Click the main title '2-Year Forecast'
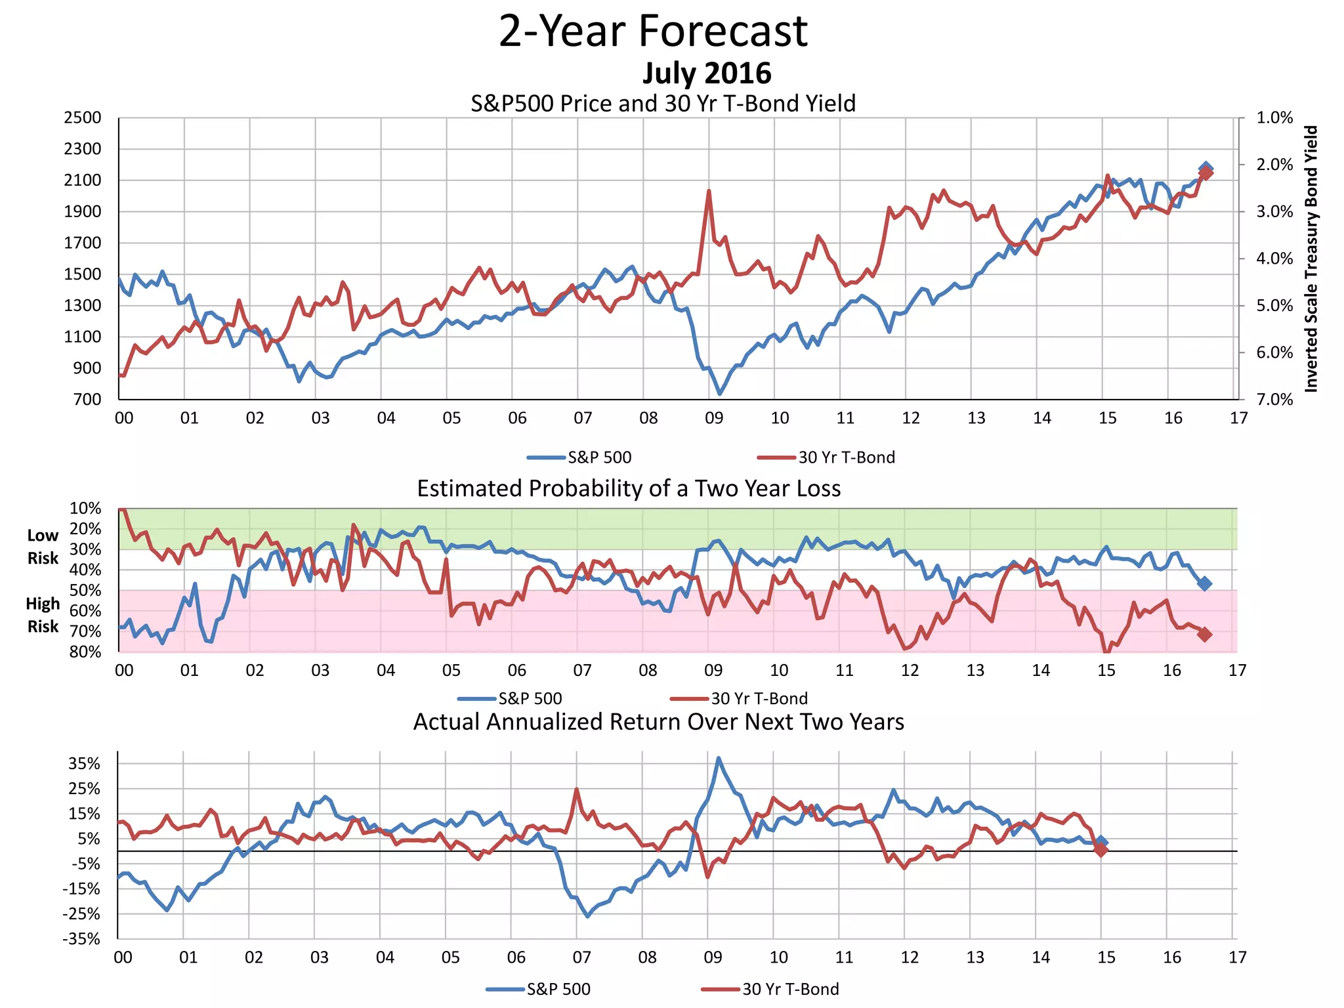[x=653, y=31]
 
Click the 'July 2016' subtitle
[x=706, y=73]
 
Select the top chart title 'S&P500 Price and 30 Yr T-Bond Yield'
[x=663, y=104]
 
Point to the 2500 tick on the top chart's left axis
[x=83, y=118]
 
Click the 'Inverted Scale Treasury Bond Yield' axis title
[x=1311, y=259]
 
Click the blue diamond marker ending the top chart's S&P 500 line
[x=1206, y=169]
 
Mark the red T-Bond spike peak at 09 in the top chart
[x=709, y=191]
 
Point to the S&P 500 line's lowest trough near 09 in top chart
[x=720, y=394]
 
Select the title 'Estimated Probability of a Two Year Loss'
[x=629, y=489]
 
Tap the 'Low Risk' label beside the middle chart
[x=43, y=547]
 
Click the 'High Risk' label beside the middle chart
[x=43, y=615]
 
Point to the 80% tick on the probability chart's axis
[x=86, y=652]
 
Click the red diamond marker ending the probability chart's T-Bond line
[x=1205, y=634]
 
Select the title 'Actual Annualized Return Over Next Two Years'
[x=658, y=722]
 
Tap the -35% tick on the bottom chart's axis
[x=82, y=939]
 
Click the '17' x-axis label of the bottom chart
[x=1237, y=957]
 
